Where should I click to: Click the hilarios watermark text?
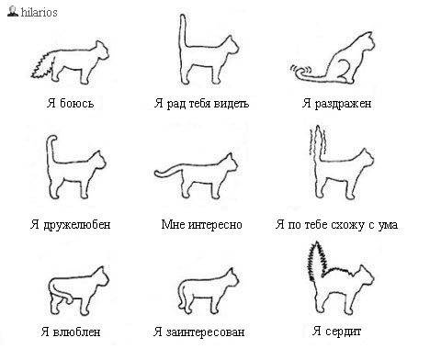tap(39, 12)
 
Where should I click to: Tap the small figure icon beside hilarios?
tap(13, 11)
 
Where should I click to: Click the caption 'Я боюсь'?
tap(70, 103)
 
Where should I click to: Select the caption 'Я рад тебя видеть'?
tap(201, 103)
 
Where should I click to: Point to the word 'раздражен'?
tap(343, 104)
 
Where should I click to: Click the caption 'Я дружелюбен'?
tap(70, 224)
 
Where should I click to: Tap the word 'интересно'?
tap(215, 224)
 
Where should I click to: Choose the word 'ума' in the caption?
tap(388, 225)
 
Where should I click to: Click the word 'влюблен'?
tap(76, 332)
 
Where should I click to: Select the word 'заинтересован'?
tap(205, 332)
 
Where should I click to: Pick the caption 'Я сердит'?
tap(337, 331)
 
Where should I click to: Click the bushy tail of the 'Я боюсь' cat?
tap(43, 66)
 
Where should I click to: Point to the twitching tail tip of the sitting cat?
tap(300, 70)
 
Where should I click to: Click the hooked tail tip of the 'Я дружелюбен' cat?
tap(52, 140)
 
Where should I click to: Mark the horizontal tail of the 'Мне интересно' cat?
tap(168, 171)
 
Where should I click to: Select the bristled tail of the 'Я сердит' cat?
tap(317, 261)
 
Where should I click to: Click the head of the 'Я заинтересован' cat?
tap(231, 278)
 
